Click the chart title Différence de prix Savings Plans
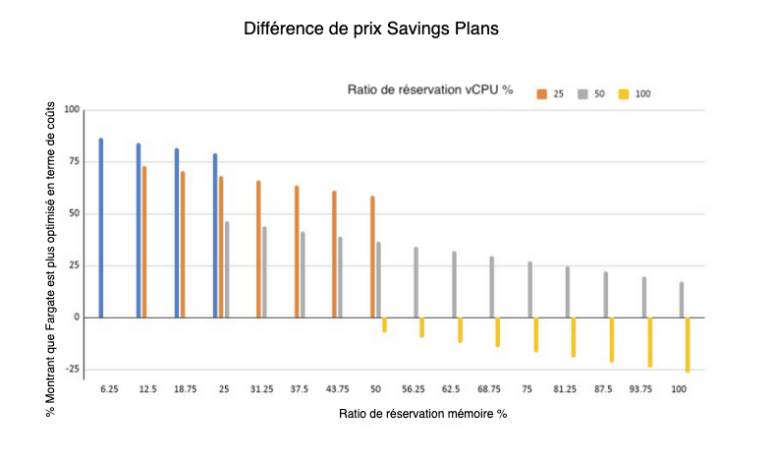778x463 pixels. (371, 29)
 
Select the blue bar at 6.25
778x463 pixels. (101, 228)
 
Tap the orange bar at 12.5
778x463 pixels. (144, 242)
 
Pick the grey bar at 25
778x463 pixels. (227, 269)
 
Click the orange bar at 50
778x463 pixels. (372, 257)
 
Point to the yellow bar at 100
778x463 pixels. (688, 344)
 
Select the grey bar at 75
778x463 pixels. (529, 289)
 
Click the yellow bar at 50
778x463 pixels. (384, 324)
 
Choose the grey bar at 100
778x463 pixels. (681, 300)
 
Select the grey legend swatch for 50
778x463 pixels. (583, 94)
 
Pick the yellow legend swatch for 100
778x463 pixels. (623, 94)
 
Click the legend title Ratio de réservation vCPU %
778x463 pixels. (430, 90)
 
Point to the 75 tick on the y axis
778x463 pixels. (69, 161)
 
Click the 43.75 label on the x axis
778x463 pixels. (337, 389)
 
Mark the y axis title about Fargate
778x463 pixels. (50, 263)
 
